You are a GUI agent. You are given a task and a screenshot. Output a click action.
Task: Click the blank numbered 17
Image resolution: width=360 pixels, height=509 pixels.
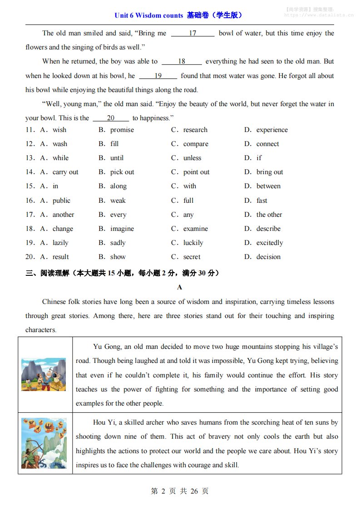pyautogui.click(x=192, y=33)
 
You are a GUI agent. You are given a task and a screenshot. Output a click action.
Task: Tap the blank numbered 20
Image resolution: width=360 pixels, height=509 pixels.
pyautogui.click(x=111, y=118)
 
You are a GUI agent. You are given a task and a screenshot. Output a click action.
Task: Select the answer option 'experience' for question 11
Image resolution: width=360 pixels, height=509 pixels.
pyautogui.click(x=271, y=130)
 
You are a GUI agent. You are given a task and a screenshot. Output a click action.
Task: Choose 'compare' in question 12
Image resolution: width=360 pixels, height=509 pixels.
pyautogui.click(x=196, y=144)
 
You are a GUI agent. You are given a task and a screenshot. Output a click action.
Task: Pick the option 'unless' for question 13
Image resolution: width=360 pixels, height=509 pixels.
pyautogui.click(x=192, y=158)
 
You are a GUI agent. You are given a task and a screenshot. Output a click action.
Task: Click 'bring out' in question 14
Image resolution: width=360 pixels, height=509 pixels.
pyautogui.click(x=269, y=172)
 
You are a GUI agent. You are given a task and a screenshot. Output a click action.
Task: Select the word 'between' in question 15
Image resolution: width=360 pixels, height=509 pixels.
pyautogui.click(x=268, y=186)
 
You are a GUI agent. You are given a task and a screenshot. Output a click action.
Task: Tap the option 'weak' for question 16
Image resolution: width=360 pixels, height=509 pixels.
pyautogui.click(x=118, y=201)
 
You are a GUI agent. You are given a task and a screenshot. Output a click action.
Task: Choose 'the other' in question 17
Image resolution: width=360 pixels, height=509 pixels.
pyautogui.click(x=269, y=215)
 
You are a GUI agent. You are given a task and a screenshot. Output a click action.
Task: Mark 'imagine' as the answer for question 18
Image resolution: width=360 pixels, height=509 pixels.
pyautogui.click(x=122, y=229)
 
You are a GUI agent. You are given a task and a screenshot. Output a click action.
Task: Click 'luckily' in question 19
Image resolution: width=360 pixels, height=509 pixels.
pyautogui.click(x=193, y=243)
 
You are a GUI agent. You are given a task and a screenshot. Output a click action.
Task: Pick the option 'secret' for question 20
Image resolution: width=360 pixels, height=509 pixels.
pyautogui.click(x=192, y=257)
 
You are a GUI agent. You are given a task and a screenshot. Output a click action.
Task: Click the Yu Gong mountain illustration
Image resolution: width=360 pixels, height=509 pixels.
pyautogui.click(x=44, y=374)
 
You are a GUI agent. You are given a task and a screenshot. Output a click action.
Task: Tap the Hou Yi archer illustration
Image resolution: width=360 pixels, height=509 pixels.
pyautogui.click(x=44, y=443)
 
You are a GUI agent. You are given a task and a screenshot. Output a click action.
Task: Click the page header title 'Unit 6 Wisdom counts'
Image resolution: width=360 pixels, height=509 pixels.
pyautogui.click(x=148, y=15)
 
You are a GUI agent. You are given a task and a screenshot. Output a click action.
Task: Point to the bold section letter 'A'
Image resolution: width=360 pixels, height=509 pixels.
pyautogui.click(x=180, y=287)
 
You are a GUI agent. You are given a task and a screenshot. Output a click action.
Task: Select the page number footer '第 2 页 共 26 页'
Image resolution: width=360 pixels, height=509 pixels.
pyautogui.click(x=180, y=491)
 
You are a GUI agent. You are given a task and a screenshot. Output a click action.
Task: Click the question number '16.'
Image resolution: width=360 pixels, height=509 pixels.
pyautogui.click(x=30, y=201)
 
